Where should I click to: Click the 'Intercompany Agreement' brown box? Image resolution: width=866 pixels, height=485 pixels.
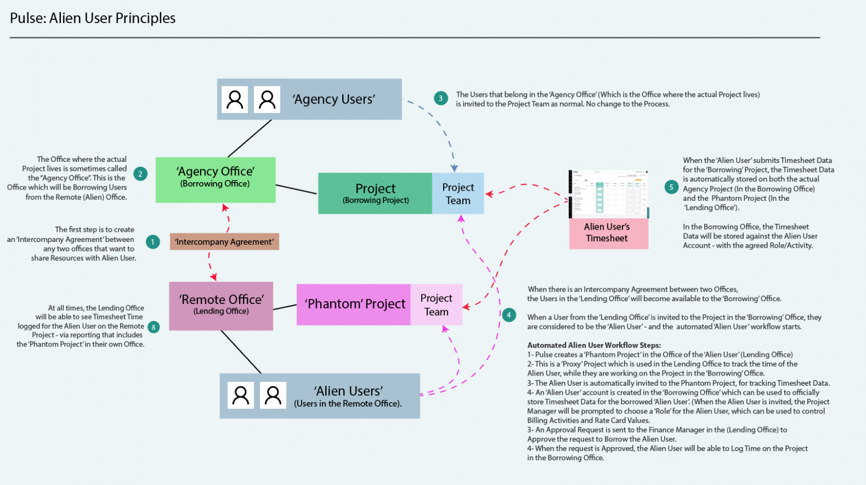[224, 241]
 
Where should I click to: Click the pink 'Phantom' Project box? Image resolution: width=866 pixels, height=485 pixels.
[354, 305]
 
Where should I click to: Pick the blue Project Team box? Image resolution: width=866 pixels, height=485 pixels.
[458, 193]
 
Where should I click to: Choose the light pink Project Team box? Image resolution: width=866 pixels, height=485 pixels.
[436, 305]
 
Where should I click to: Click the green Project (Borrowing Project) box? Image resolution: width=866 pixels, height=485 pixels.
[375, 193]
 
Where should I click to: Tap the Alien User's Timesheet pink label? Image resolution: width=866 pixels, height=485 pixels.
[608, 233]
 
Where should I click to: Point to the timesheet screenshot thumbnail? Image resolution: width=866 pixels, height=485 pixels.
[608, 194]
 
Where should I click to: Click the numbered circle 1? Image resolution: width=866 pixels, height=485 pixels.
[152, 242]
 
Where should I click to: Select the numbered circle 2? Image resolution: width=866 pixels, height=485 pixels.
[140, 174]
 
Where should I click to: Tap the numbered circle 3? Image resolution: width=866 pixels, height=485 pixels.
[441, 98]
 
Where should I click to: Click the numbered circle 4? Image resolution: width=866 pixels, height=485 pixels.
[509, 315]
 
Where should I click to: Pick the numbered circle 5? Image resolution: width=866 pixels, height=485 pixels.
[671, 187]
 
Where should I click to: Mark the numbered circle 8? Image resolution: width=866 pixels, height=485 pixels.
[153, 327]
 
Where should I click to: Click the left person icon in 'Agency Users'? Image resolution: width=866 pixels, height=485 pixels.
[235, 100]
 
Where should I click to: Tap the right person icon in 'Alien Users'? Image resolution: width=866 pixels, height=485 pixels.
[273, 395]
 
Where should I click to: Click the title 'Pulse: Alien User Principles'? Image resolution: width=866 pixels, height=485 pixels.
[93, 18]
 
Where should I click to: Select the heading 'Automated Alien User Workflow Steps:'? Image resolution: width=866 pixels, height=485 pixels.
[594, 345]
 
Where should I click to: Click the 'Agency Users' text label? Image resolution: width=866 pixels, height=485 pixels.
[334, 99]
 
